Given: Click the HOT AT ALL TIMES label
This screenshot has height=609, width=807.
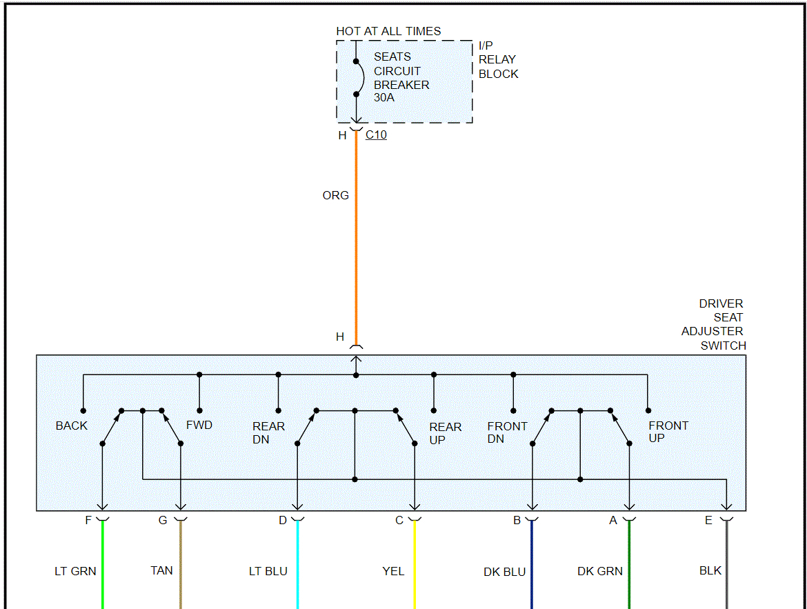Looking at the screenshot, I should click(388, 31).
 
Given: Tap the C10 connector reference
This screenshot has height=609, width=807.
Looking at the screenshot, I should click(376, 135).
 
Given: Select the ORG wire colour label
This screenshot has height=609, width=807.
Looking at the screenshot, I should click(335, 195).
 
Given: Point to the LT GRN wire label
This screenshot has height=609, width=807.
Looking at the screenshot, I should click(75, 571).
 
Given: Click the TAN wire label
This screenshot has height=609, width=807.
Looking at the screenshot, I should click(161, 570).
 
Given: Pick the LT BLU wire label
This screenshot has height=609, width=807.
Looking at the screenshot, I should click(268, 571).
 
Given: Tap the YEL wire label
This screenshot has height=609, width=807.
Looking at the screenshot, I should click(393, 571).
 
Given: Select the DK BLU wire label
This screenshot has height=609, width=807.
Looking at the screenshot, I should click(504, 572).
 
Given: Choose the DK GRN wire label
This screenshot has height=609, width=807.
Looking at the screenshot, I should click(599, 571).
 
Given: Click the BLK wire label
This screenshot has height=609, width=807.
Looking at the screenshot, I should click(710, 570).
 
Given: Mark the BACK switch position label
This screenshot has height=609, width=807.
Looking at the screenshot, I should click(72, 426).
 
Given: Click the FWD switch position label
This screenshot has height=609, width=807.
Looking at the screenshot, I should click(199, 425).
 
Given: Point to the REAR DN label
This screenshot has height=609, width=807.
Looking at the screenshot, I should click(268, 432).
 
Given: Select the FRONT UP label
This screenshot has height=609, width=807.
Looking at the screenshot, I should click(668, 432).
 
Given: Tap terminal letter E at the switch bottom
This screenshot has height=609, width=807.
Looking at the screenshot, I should click(708, 521).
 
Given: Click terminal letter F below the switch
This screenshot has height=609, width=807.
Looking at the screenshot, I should click(88, 520).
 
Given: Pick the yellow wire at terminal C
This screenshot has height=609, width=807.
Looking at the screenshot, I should click(415, 566).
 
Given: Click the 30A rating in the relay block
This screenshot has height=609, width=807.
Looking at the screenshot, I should click(383, 98).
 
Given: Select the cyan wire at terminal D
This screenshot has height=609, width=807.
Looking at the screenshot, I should click(297, 566).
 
